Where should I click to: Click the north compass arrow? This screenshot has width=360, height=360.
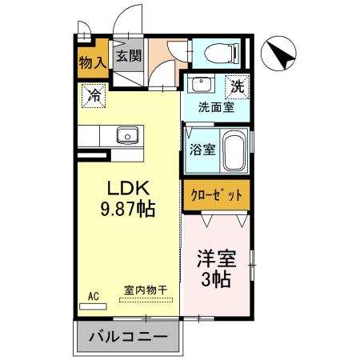click(x=282, y=54)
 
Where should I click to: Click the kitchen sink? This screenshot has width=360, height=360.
click(x=127, y=134)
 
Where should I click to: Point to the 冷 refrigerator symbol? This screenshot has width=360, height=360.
click(x=94, y=97)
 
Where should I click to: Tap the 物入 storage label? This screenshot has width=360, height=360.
click(x=93, y=62)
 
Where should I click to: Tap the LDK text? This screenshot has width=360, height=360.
click(x=127, y=189)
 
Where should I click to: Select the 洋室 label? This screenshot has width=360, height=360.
click(x=215, y=260)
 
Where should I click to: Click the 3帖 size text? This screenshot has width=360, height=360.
click(x=215, y=280)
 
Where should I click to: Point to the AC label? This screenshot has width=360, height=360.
click(x=94, y=297)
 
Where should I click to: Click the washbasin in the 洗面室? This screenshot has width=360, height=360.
click(x=202, y=85)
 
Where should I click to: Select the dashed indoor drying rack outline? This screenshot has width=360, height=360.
click(x=146, y=300)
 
